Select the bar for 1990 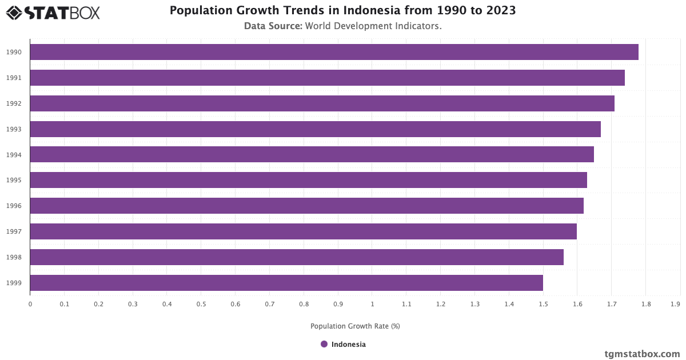(334, 52)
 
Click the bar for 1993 (315, 129)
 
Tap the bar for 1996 (306, 206)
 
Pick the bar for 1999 (286, 283)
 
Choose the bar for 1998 (297, 257)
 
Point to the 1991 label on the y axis (14, 78)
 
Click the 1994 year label (14, 155)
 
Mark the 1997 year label (14, 231)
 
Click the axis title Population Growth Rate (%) (355, 326)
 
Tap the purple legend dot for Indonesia (324, 344)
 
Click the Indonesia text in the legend (348, 345)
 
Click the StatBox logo (53, 12)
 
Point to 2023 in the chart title (501, 11)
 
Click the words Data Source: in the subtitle (273, 26)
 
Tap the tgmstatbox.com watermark (642, 354)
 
